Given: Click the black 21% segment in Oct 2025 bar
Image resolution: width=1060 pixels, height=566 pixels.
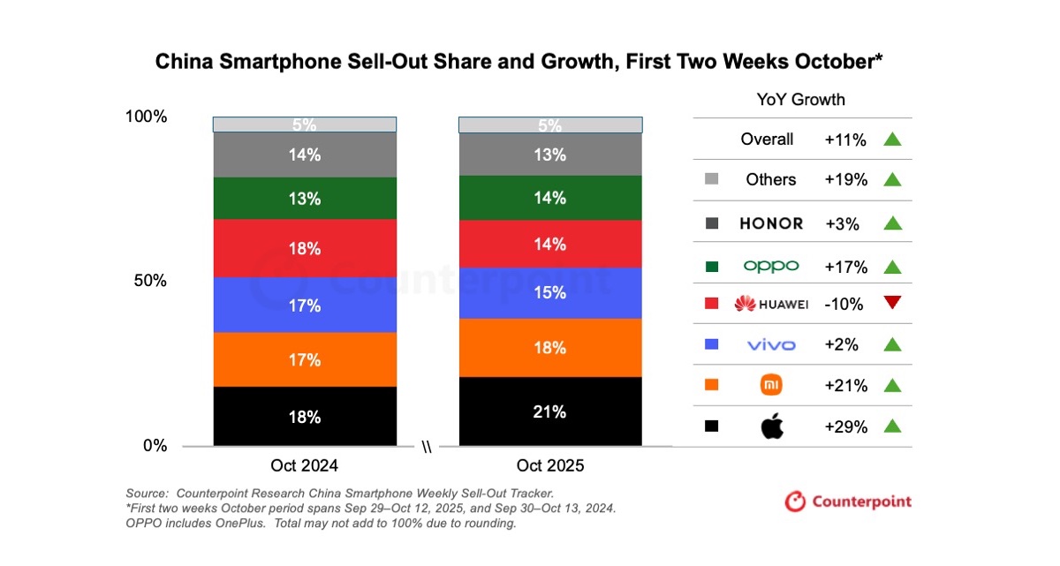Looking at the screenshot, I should pyautogui.click(x=549, y=411).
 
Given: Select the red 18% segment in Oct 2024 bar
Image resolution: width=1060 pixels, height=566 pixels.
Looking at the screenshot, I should pyautogui.click(x=305, y=249).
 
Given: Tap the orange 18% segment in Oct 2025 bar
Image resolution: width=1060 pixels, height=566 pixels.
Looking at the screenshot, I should pyautogui.click(x=549, y=348).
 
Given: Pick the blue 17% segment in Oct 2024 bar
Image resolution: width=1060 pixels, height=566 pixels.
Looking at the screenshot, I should pyautogui.click(x=305, y=305).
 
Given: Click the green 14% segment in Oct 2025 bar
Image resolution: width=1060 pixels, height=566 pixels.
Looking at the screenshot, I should pyautogui.click(x=549, y=198).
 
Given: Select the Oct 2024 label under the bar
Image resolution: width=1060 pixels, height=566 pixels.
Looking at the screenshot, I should pyautogui.click(x=304, y=465).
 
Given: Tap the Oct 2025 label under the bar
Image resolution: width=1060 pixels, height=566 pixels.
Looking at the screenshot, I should pyautogui.click(x=549, y=465).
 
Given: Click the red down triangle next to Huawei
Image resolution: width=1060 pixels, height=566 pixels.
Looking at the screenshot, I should pyautogui.click(x=891, y=304).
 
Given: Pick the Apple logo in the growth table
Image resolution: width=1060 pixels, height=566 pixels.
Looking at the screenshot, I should pyautogui.click(x=772, y=427).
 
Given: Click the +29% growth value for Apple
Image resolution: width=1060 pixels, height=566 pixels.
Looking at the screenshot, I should pyautogui.click(x=845, y=426).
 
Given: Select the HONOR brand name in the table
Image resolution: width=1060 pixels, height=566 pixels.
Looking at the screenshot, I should pyautogui.click(x=771, y=223).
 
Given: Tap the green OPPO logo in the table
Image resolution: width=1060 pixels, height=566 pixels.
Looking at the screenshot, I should pyautogui.click(x=771, y=266).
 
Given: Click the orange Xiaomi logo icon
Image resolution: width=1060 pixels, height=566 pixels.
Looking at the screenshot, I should pyautogui.click(x=771, y=385).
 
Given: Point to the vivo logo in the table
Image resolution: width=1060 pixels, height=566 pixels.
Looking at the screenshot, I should pyautogui.click(x=771, y=345).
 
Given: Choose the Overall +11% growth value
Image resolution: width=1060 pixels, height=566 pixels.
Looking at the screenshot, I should pyautogui.click(x=845, y=140).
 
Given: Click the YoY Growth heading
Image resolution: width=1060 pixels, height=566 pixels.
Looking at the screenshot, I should pyautogui.click(x=800, y=99).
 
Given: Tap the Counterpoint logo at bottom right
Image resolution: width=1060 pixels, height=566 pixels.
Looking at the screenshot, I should pyautogui.click(x=848, y=502).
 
